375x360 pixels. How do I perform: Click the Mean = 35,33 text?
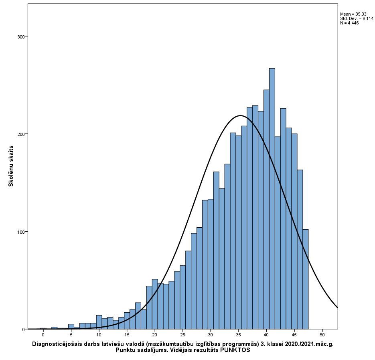351,14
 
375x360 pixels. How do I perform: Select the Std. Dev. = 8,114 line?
357,18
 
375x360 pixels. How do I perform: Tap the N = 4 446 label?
349,23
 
